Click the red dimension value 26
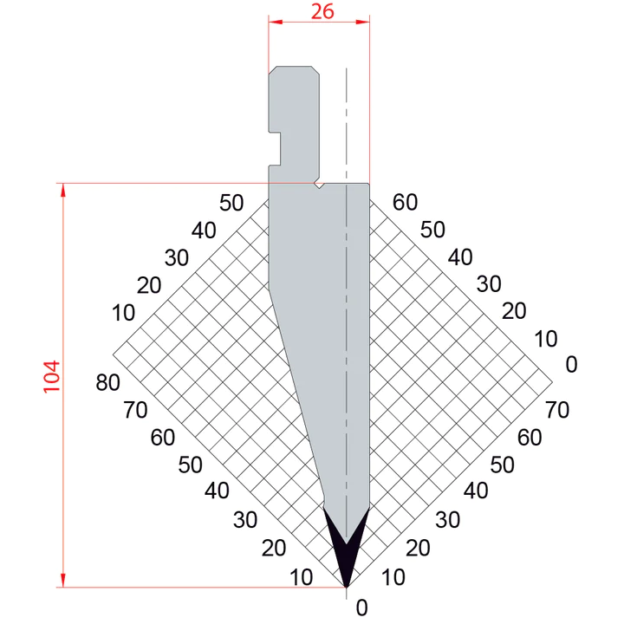(x=322, y=11)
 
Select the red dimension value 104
(x=52, y=377)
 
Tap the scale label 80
(x=107, y=382)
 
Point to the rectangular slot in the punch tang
(x=275, y=148)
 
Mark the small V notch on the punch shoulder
(x=319, y=185)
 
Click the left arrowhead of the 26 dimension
(x=276, y=22)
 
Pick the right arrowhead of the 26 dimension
(x=362, y=22)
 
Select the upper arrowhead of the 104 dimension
(x=62, y=190)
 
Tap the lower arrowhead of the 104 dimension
(x=62, y=580)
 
